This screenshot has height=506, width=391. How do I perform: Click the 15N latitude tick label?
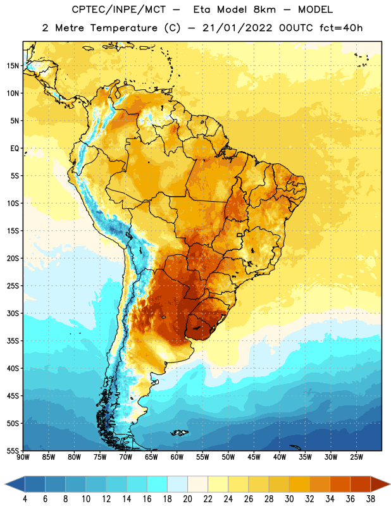pyautogui.click(x=13, y=66)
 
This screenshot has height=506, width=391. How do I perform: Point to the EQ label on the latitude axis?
pyautogui.click(x=15, y=149)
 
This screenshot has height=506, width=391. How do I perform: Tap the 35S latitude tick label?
pyautogui.click(x=13, y=341)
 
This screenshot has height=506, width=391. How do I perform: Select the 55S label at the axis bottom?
pyautogui.click(x=13, y=450)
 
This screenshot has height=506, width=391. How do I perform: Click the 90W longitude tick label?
pyautogui.click(x=23, y=457)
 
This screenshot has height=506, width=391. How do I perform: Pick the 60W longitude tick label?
pyautogui.click(x=177, y=457)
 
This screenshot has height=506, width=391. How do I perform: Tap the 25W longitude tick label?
pyautogui.click(x=356, y=457)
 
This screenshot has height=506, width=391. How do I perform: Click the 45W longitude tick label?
pyautogui.click(x=254, y=457)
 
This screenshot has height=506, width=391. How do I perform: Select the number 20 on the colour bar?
pyautogui.click(x=187, y=499)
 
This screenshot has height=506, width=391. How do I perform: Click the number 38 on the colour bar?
pyautogui.click(x=371, y=499)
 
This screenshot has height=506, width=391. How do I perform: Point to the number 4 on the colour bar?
pyautogui.click(x=25, y=499)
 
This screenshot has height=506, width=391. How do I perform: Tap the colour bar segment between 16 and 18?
pyautogui.click(x=158, y=484)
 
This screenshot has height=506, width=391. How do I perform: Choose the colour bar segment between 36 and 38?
pyautogui.click(x=361, y=484)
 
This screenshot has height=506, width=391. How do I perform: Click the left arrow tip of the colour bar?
pyautogui.click(x=5, y=484)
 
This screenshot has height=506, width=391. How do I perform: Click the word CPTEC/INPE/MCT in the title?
pyautogui.click(x=118, y=9)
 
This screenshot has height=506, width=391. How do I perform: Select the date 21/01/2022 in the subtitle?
pyautogui.click(x=238, y=28)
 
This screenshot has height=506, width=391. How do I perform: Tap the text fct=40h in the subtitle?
pyautogui.click(x=341, y=28)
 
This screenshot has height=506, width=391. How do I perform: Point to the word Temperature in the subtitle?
pyautogui.click(x=123, y=28)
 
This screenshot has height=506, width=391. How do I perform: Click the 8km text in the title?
pyautogui.click(x=264, y=9)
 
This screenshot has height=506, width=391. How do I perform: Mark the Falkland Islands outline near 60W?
pyautogui.click(x=179, y=433)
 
